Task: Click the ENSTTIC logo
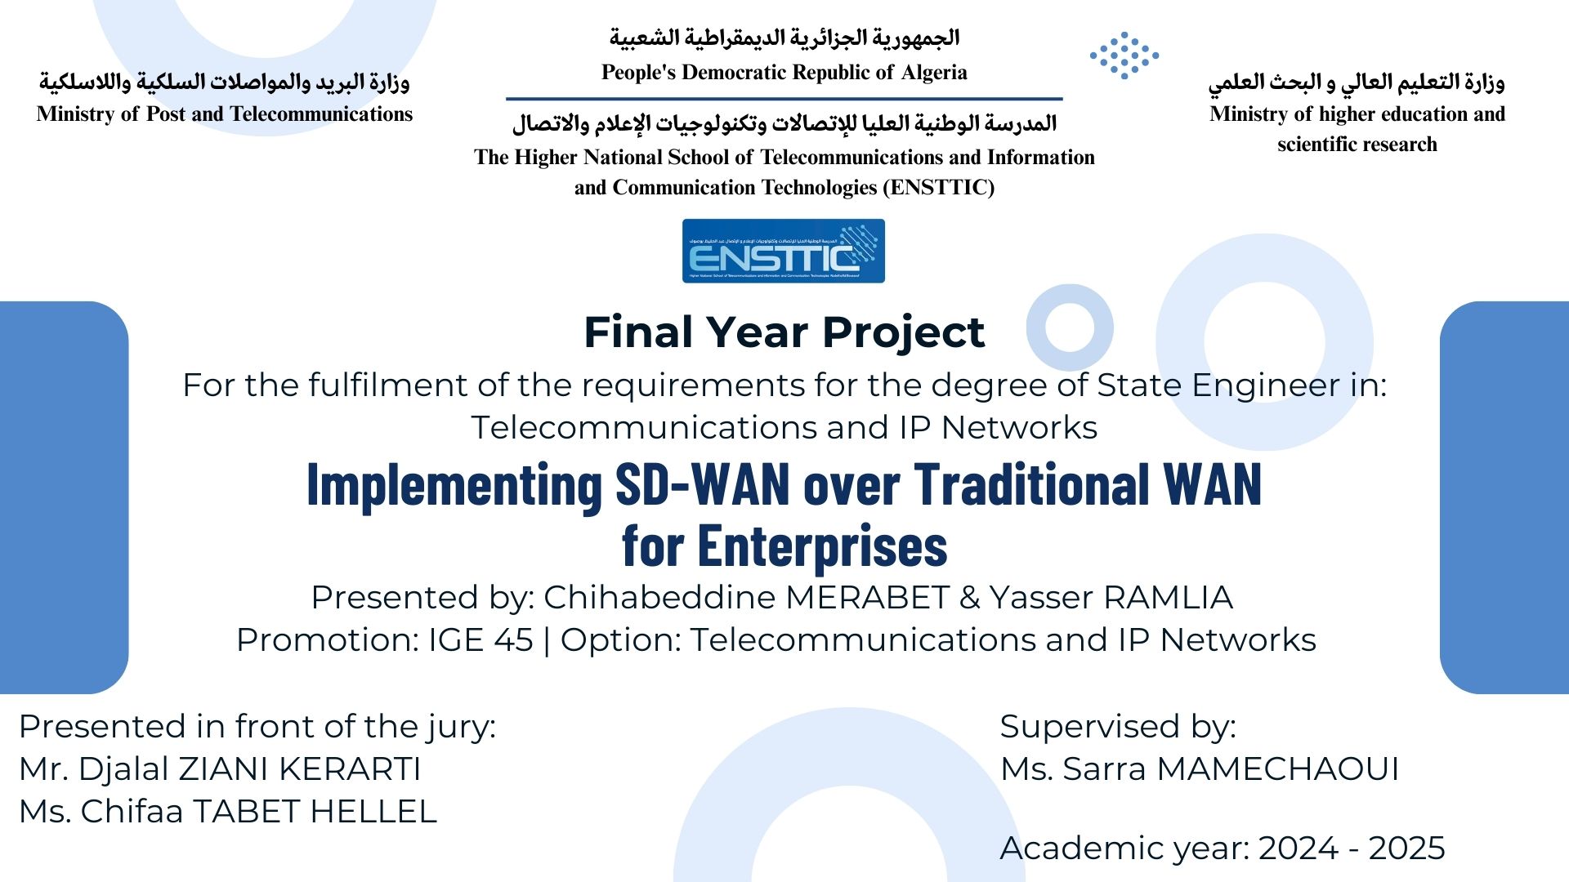tap(783, 252)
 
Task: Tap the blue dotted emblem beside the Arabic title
tap(1124, 56)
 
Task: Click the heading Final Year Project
tap(784, 332)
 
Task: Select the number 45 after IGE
tap(514, 640)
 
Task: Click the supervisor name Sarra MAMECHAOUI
tap(1231, 769)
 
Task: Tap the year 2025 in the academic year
tap(1406, 849)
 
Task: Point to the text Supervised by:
tap(1118, 727)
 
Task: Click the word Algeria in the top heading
tap(934, 73)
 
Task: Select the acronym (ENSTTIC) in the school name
tap(938, 188)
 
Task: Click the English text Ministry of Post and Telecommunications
tap(225, 114)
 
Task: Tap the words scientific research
tap(1357, 145)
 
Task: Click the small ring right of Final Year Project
tap(1069, 327)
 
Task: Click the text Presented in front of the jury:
tap(257, 727)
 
